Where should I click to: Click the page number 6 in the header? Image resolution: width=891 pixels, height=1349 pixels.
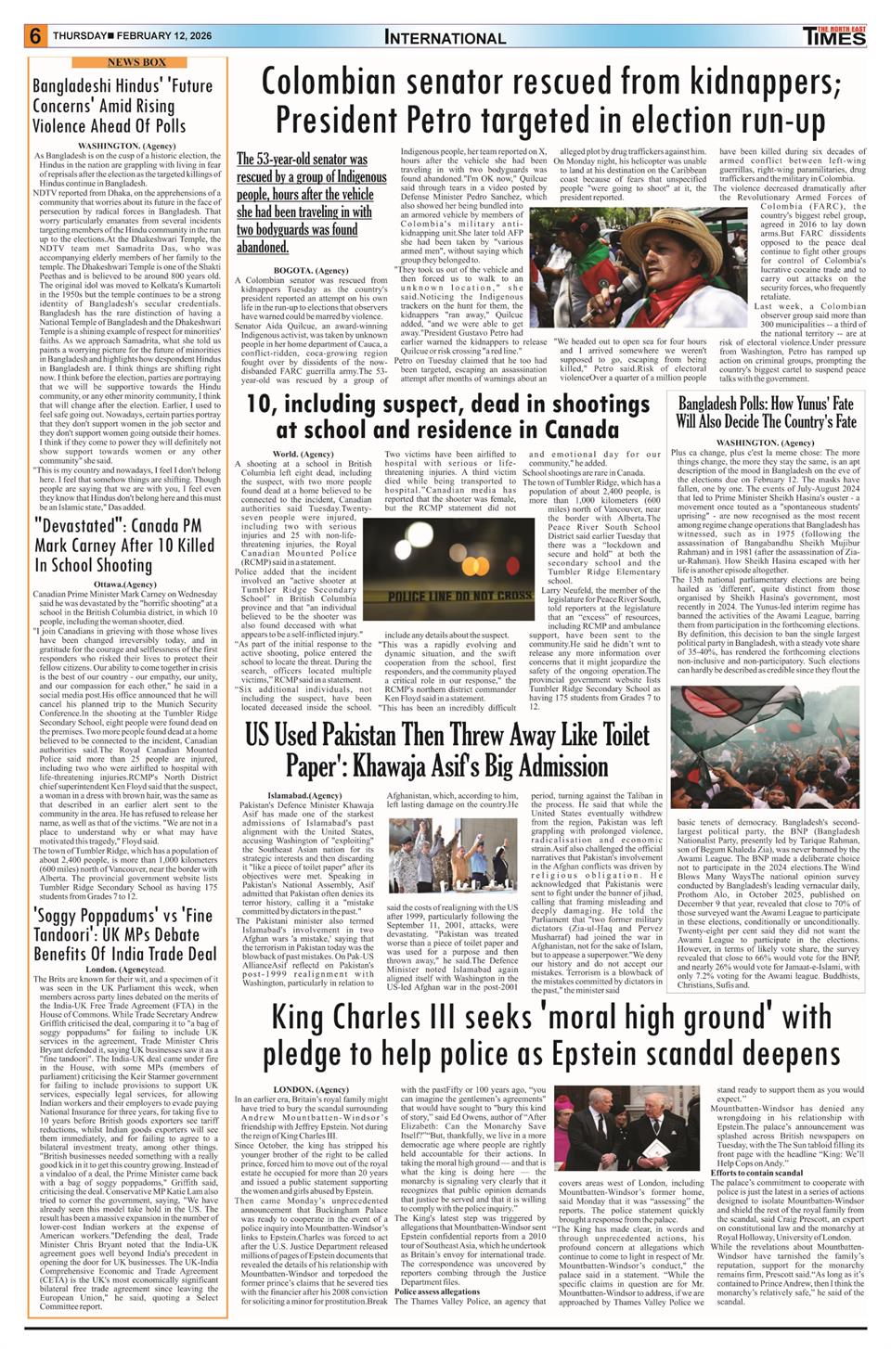pyautogui.click(x=35, y=36)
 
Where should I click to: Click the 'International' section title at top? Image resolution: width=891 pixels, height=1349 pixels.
pyautogui.click(x=445, y=38)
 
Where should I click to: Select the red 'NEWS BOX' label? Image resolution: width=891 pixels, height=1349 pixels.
pyautogui.click(x=123, y=62)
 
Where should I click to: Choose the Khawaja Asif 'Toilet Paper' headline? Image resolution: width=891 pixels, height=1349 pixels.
pyautogui.click(x=447, y=750)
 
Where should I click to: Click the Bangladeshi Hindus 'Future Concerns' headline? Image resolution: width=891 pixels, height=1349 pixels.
pyautogui.click(x=123, y=105)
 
